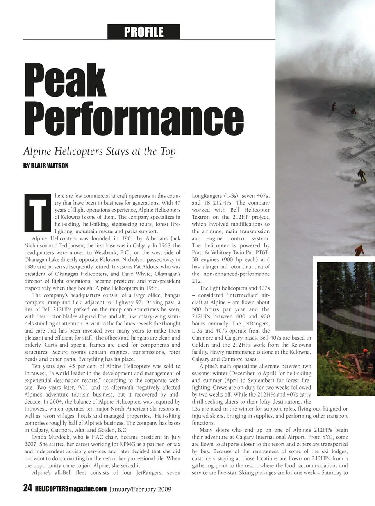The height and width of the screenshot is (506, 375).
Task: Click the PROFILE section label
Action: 144,32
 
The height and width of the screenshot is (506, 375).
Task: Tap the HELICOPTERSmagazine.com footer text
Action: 70,488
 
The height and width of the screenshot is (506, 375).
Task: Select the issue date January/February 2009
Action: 140,488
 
